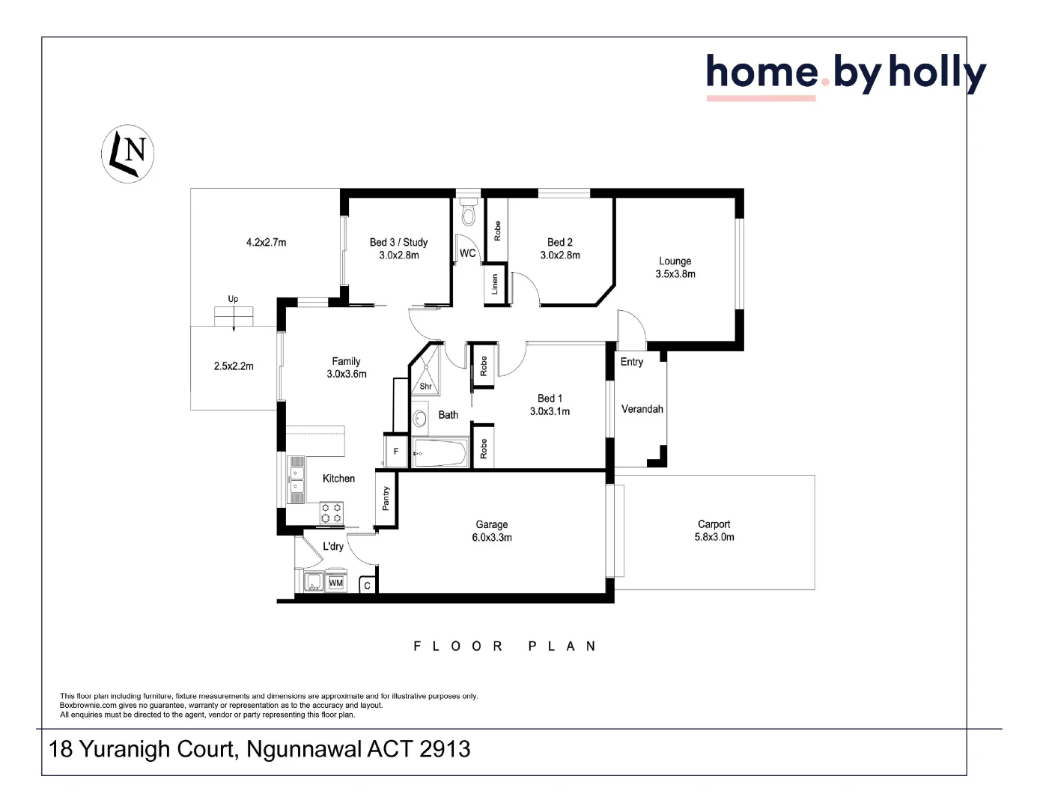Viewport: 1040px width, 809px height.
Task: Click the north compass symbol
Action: pos(127,154)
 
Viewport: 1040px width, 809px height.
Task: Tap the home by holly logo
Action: pos(845,75)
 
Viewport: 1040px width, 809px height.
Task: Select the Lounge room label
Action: pos(675,261)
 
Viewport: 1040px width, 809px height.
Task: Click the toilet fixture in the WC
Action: pos(469,214)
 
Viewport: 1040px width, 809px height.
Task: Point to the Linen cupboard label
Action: pos(495,285)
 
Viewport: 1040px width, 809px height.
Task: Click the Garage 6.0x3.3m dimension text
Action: pos(492,538)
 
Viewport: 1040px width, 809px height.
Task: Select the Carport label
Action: pos(714,524)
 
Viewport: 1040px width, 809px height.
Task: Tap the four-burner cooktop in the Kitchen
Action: pos(332,513)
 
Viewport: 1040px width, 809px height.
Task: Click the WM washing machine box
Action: pos(336,583)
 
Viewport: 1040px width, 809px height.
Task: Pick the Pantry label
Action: pos(386,499)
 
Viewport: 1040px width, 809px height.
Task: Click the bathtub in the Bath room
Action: pos(441,453)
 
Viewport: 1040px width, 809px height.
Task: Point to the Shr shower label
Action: pos(425,387)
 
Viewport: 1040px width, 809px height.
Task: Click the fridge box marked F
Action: pos(396,452)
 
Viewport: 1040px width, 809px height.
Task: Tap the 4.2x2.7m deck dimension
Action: pos(266,243)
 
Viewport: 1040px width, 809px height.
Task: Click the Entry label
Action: pos(631,362)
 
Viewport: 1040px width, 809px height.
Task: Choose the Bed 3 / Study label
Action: pos(398,242)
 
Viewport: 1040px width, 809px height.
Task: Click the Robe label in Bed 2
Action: pos(497,231)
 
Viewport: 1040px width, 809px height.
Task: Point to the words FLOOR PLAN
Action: pos(504,646)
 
